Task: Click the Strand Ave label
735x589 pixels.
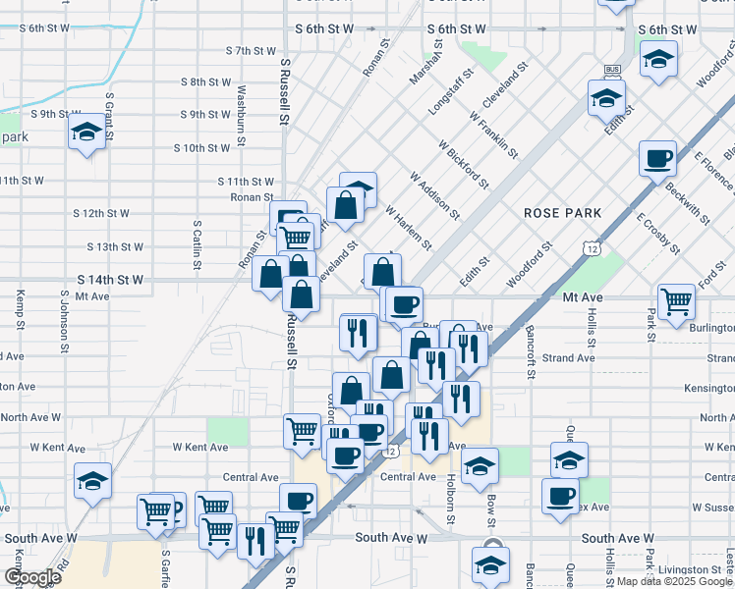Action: tap(568, 358)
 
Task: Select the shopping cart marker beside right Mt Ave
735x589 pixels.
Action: tap(676, 304)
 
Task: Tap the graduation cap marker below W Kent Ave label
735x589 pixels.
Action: tap(92, 481)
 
